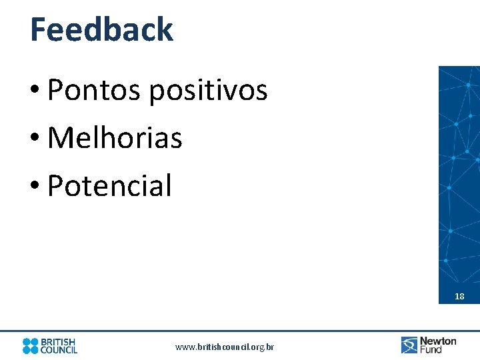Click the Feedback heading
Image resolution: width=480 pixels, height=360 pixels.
101,30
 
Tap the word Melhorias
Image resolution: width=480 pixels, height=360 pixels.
115,138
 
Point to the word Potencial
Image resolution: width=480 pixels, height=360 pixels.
109,186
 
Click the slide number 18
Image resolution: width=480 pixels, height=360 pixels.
459,297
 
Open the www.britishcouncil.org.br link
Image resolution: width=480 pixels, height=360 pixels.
225,347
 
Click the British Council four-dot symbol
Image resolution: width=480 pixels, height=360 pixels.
31,345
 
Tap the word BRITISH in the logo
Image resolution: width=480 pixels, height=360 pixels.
59,341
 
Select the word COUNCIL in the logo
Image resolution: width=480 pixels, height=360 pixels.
59,350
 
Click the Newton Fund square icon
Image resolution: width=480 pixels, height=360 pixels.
409,345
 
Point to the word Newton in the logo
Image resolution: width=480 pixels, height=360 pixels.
438,341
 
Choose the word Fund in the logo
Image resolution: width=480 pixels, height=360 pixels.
431,349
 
